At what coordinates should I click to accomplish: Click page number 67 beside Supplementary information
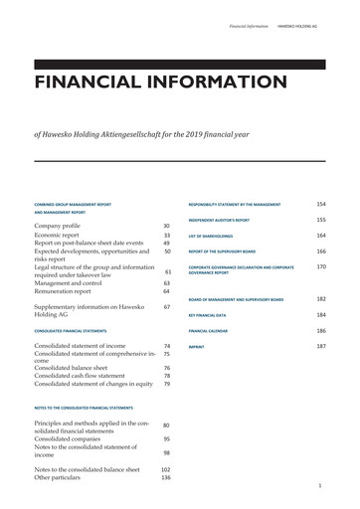(x=167, y=307)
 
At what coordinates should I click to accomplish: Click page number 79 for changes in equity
(x=167, y=385)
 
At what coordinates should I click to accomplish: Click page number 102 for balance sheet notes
(x=166, y=468)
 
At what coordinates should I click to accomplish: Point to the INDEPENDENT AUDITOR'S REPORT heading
(x=219, y=220)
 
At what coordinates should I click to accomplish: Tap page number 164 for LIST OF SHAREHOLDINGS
(x=321, y=235)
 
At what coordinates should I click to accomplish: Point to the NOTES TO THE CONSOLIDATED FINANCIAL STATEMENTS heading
(x=84, y=409)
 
